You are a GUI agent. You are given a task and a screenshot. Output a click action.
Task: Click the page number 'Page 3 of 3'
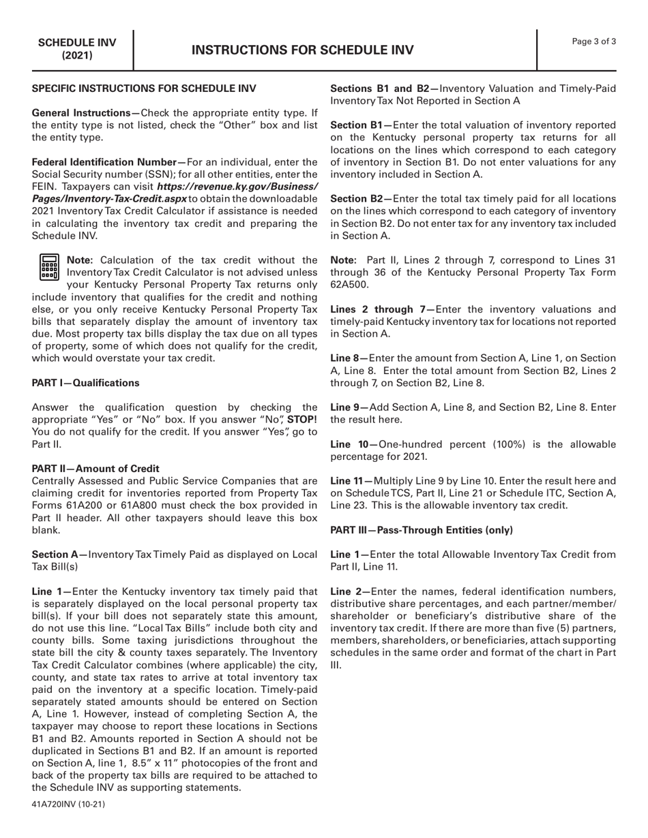point(594,42)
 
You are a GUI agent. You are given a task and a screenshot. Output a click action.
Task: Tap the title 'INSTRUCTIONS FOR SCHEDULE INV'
point(302,50)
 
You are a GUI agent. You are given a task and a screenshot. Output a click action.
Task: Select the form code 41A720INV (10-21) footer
point(68,804)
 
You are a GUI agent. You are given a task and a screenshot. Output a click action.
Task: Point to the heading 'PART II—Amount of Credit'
point(95,469)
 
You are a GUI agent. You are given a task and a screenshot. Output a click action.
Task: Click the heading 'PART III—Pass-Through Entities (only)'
point(422,530)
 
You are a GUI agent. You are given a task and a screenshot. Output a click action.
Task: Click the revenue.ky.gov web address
point(174,193)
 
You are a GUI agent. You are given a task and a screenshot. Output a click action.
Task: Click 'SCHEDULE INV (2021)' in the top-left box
point(77,48)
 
